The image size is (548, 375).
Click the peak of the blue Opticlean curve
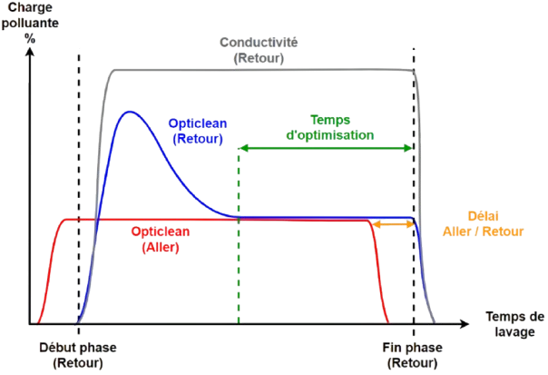[132, 112]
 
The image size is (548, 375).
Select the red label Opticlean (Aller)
[160, 237]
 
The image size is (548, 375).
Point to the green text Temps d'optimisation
[329, 127]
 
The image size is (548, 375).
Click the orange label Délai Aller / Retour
[482, 223]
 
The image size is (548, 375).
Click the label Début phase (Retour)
[78, 354]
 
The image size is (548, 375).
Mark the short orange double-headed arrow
[395, 223]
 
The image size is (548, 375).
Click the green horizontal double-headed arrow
[327, 146]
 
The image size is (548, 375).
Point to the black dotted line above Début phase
[80, 182]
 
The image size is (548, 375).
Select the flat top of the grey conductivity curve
[263, 70]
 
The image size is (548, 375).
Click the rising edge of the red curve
[48, 272]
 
